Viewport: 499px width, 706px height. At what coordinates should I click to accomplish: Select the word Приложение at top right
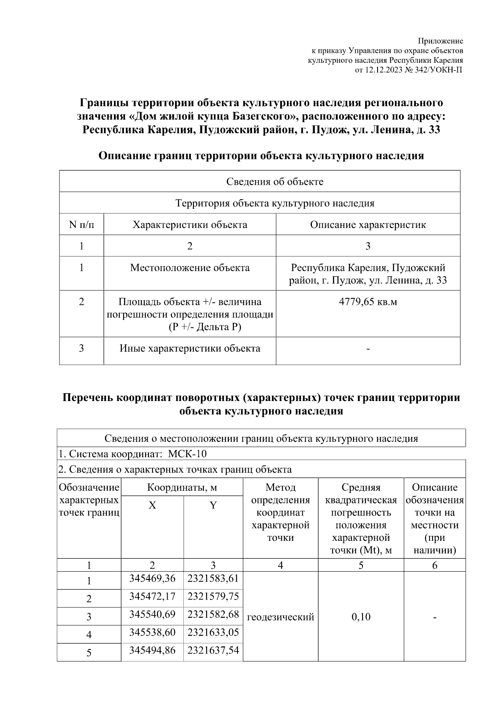pos(440,41)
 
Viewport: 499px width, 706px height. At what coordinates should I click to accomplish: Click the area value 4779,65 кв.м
pos(368,302)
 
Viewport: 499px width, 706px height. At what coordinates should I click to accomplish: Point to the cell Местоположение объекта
pos(190,268)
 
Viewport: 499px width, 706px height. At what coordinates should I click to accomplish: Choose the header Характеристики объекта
pos(190,225)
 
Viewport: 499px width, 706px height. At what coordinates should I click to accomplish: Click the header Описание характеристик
pos(368,225)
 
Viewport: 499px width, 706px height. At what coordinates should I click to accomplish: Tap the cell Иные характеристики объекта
pos(190,348)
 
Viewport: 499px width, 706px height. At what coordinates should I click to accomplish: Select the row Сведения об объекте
pos(275,182)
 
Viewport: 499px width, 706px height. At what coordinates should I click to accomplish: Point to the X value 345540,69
pos(152,614)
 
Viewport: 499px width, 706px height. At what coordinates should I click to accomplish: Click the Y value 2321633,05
pos(213,632)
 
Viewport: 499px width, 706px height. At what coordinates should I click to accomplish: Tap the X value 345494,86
pos(152,650)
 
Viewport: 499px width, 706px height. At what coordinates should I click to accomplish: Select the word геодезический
pos(281,617)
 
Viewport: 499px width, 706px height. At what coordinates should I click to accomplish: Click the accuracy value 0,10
pos(361,617)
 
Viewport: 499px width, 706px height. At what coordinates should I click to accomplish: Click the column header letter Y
pos(213,505)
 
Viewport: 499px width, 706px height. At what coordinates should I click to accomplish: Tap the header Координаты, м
pos(182,488)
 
